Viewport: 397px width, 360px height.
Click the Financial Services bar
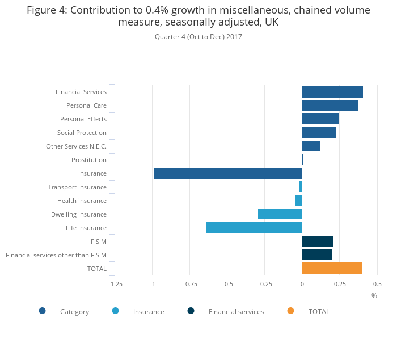tap(332, 92)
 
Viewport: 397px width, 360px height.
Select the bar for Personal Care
tap(330, 105)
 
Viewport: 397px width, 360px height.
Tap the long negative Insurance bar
tap(227, 173)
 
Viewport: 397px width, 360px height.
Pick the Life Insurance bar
tap(254, 228)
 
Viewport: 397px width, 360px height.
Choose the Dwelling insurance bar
tap(280, 214)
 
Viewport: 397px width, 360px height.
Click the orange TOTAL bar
tap(331, 269)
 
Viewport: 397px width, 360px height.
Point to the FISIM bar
tap(317, 242)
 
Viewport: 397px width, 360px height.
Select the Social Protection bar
tap(319, 133)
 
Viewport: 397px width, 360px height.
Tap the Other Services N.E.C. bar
tap(310, 146)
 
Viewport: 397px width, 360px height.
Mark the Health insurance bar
tap(298, 201)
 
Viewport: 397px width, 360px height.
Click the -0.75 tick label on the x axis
tap(190, 284)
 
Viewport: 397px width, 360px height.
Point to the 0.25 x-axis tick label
tap(339, 284)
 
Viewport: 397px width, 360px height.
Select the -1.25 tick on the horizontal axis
tap(115, 284)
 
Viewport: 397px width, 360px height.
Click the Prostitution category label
tap(89, 160)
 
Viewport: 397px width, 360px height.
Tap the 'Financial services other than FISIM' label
tap(56, 255)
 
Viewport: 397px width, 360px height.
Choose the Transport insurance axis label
tap(77, 187)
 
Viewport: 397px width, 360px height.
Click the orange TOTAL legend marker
tap(290, 311)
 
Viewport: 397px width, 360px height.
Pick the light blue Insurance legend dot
tap(116, 311)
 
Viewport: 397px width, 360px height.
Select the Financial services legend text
tap(236, 312)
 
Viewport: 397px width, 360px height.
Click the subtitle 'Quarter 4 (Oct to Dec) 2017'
tap(198, 37)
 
